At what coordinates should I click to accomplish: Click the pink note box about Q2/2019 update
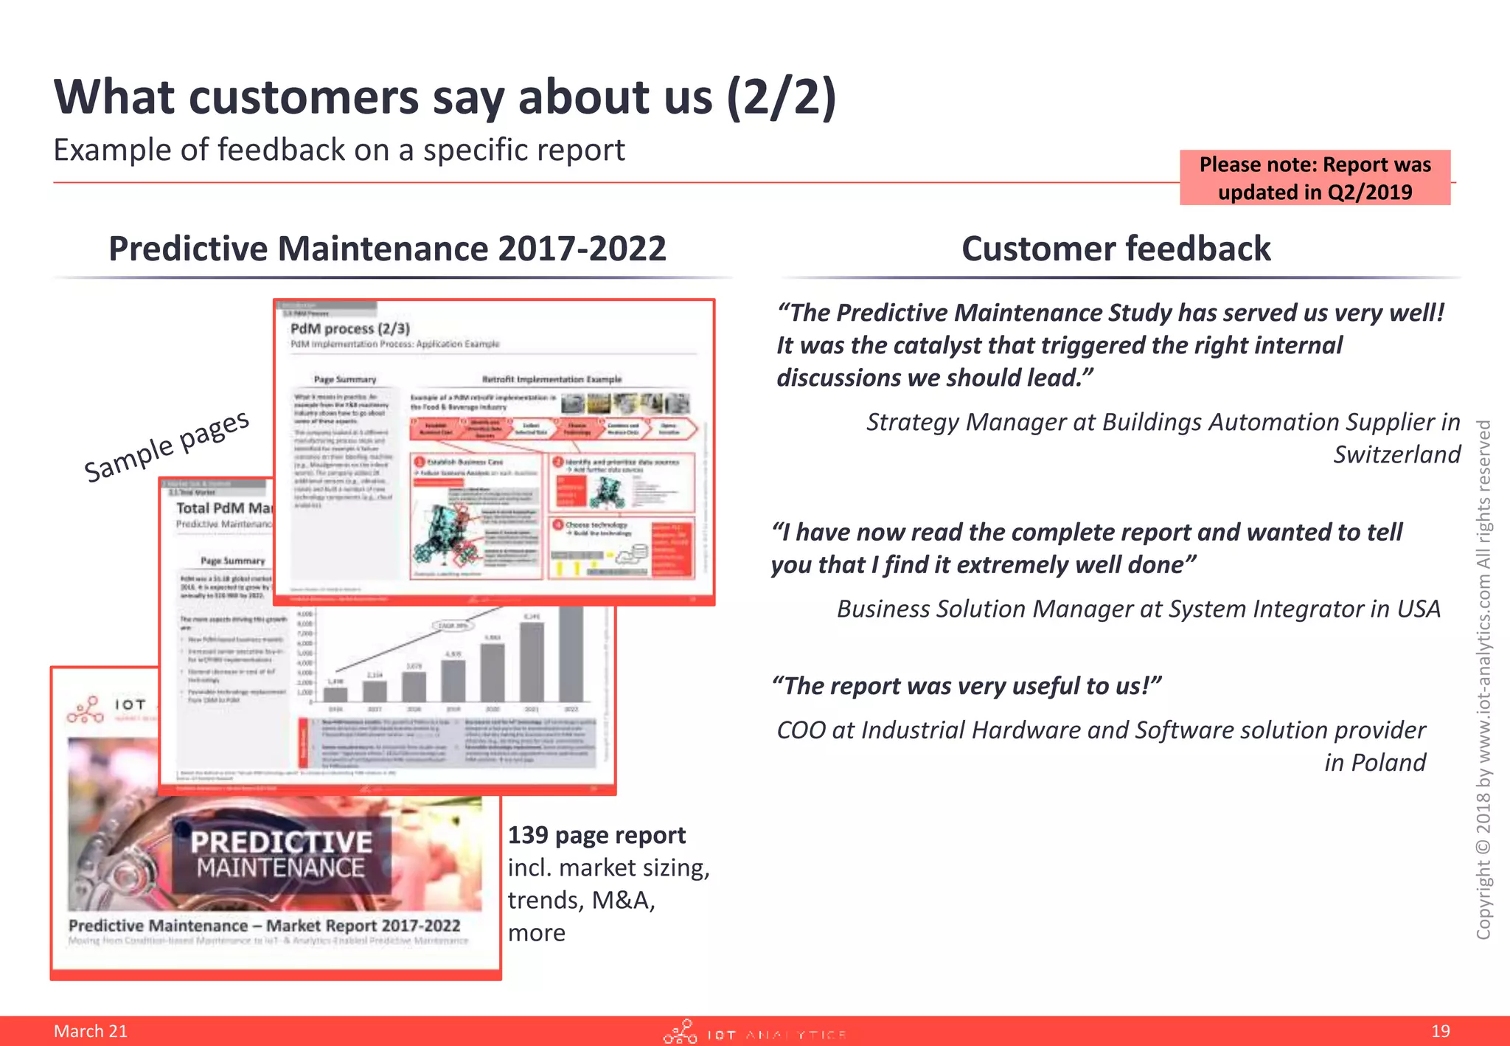click(1315, 178)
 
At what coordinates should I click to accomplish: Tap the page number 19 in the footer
click(1440, 1031)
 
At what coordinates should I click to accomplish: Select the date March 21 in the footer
click(91, 1031)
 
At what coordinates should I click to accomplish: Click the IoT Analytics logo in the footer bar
click(754, 1033)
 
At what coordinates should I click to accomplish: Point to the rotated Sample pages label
click(167, 446)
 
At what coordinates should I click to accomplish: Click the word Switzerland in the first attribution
click(1396, 454)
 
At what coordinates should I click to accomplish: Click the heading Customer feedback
click(1116, 249)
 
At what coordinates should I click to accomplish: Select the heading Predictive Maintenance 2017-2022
click(387, 249)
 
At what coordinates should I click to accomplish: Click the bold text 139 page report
click(596, 835)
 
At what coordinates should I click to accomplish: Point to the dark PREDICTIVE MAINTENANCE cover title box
click(281, 854)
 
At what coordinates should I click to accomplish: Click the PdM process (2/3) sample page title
click(350, 328)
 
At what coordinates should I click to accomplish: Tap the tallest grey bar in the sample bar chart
click(571, 653)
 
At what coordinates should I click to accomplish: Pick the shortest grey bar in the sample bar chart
click(335, 693)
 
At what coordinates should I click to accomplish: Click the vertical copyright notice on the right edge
click(1483, 679)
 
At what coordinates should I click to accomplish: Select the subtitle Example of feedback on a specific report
click(339, 150)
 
